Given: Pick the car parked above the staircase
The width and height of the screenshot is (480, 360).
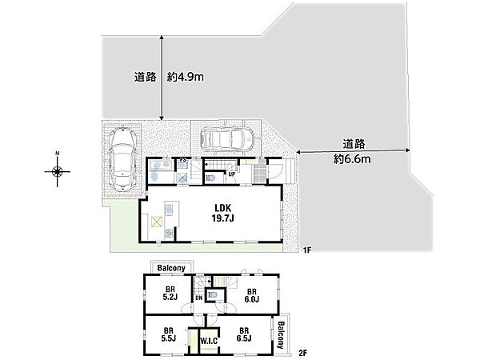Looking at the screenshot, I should point(227,138).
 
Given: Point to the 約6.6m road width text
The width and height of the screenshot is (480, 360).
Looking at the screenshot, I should point(351,158).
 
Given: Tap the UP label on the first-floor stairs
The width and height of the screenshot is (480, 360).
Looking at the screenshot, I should point(231,173).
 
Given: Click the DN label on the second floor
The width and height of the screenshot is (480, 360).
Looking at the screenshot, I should point(198,298).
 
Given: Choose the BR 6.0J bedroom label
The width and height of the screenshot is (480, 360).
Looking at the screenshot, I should point(250,295).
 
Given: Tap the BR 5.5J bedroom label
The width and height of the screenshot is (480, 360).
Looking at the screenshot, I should point(169,334).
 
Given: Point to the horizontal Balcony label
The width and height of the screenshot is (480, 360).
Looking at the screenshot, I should point(171,267).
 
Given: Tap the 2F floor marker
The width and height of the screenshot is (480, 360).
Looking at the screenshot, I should point(304,352).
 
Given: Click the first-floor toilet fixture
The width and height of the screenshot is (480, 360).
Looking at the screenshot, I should point(211,178).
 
